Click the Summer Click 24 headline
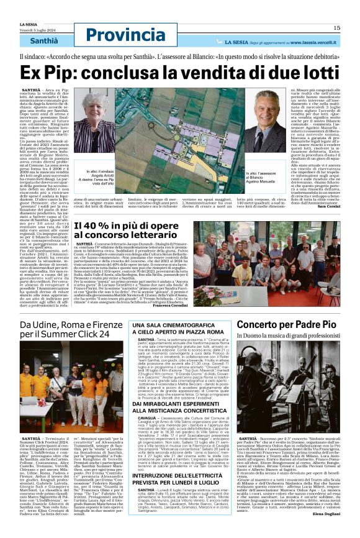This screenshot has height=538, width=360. (x=65, y=329)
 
